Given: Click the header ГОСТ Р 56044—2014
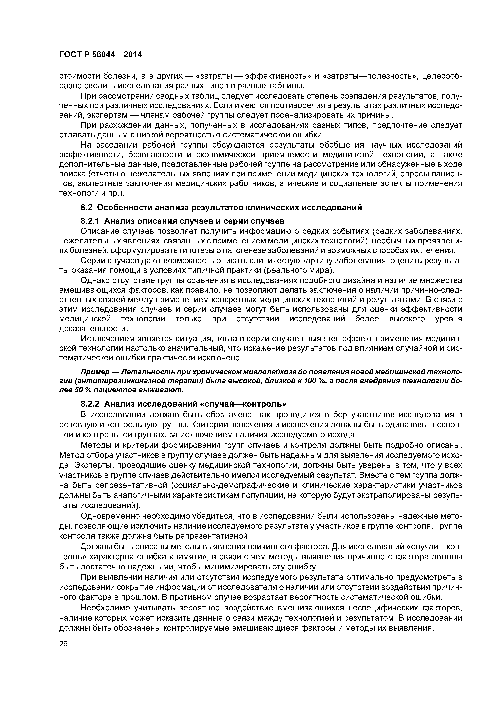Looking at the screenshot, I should click(100, 55).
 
